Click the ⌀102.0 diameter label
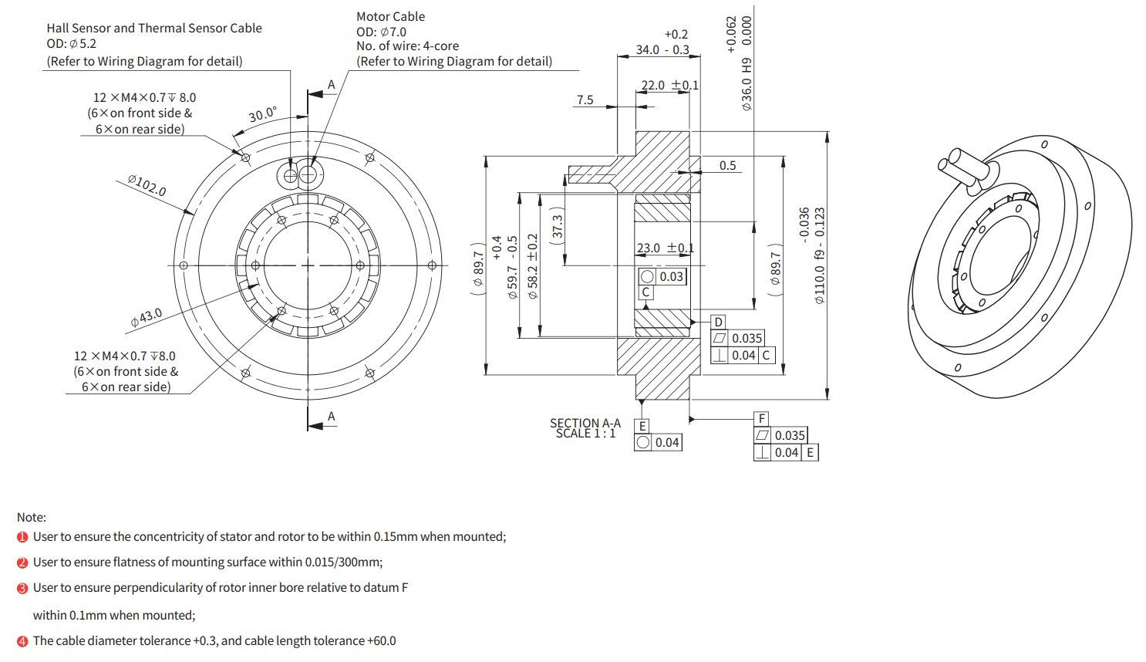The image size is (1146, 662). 147,185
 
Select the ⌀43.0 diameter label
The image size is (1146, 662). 147,317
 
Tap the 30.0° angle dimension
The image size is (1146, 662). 262,115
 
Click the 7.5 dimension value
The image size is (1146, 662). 585,100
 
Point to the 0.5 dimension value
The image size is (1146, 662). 728,166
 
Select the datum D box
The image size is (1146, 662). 719,322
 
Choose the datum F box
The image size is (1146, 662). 762,418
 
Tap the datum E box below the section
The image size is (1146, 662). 642,426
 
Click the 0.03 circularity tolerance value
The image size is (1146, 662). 671,277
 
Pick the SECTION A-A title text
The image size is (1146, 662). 585,424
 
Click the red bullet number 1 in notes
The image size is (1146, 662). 22,537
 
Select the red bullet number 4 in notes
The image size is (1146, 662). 22,641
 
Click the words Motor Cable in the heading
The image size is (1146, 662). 390,16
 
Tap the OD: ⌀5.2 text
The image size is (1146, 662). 71,44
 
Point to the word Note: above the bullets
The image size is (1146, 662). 32,517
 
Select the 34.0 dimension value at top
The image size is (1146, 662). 648,50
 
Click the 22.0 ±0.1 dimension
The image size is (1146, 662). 669,86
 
